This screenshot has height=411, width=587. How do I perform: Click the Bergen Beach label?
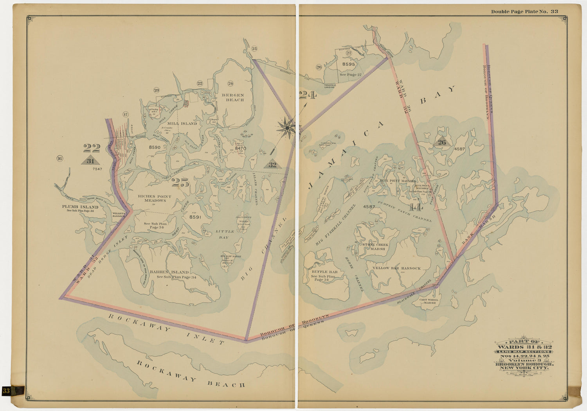(x=233, y=97)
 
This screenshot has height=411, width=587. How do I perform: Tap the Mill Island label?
(x=183, y=124)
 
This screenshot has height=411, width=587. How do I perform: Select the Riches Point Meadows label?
(x=155, y=198)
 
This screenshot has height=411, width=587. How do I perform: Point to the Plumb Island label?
(x=80, y=207)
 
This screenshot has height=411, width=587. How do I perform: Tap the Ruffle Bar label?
(x=324, y=272)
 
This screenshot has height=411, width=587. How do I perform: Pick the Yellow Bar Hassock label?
(x=396, y=268)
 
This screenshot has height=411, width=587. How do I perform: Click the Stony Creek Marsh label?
(x=375, y=247)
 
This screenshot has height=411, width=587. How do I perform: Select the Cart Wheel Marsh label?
(x=428, y=301)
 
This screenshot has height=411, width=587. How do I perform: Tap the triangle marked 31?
(x=90, y=161)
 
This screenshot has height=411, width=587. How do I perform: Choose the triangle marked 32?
(x=272, y=165)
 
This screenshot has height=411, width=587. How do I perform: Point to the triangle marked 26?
(x=442, y=142)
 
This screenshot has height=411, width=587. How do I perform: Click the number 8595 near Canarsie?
(x=348, y=64)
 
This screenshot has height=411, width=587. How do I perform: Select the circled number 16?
(x=59, y=158)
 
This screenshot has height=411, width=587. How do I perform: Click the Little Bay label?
(x=225, y=234)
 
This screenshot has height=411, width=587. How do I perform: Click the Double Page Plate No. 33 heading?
(x=524, y=11)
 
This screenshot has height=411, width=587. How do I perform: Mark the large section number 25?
(x=180, y=182)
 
